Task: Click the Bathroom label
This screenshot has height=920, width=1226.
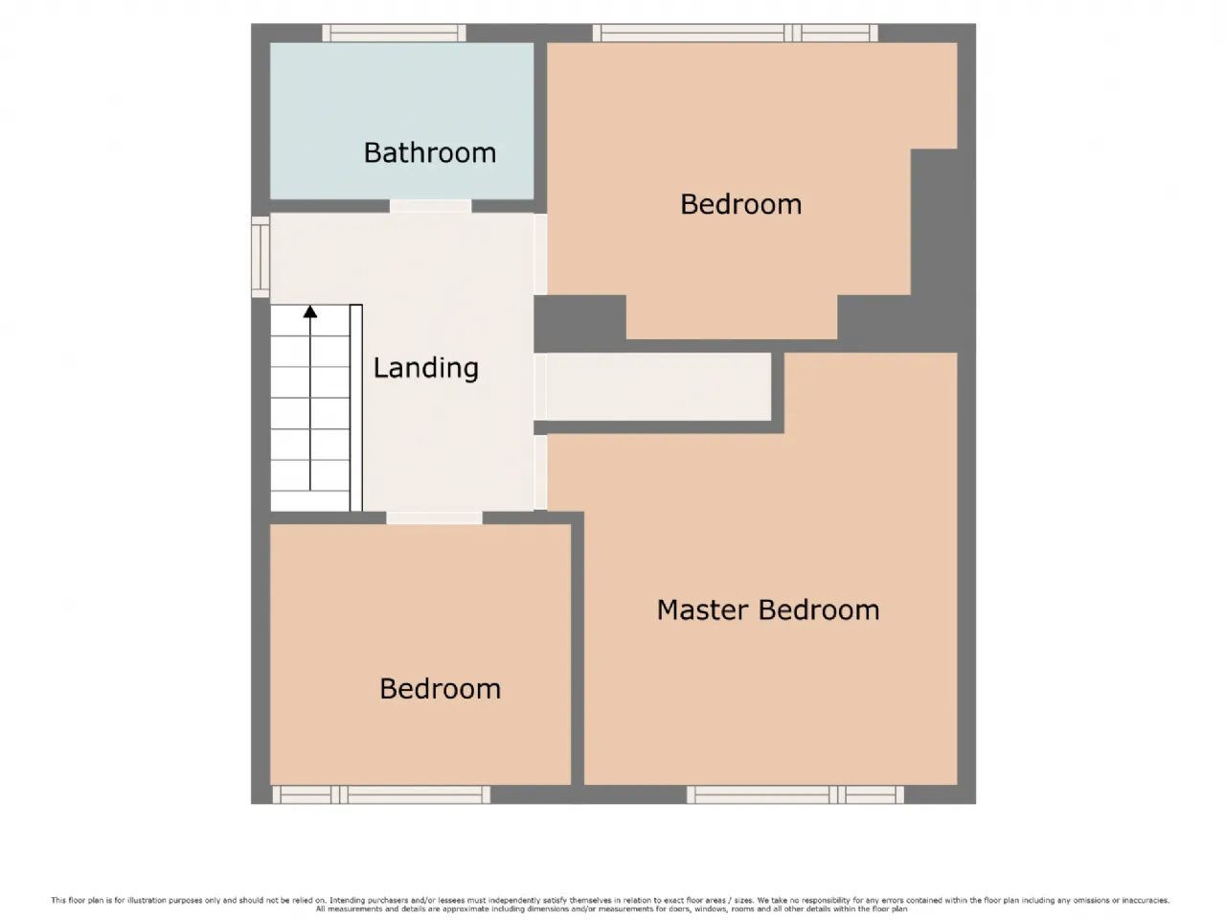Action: point(429,153)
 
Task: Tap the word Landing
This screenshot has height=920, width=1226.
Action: point(425,368)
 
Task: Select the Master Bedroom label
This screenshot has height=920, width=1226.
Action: point(768,610)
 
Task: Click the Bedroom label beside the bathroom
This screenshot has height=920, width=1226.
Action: point(740,204)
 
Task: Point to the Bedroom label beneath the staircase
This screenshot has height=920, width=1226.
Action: point(441,689)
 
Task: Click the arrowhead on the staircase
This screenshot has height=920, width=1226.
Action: point(310,311)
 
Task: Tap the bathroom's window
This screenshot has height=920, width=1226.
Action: point(394,33)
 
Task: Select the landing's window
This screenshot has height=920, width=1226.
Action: point(261,257)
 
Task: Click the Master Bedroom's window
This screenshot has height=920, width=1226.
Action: point(795,794)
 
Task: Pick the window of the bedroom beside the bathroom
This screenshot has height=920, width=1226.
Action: point(735,33)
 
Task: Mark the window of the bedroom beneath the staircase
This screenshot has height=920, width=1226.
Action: point(381,794)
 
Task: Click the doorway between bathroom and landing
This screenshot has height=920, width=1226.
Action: point(430,206)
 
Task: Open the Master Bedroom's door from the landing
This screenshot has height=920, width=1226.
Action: point(540,472)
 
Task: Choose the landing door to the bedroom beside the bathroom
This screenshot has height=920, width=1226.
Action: point(540,254)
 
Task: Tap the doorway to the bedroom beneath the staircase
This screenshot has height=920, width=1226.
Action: point(434,517)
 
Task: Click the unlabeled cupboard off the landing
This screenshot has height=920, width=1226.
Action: point(659,386)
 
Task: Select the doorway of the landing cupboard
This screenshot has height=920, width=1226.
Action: point(540,386)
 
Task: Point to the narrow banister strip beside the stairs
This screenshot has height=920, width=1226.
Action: point(355,408)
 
